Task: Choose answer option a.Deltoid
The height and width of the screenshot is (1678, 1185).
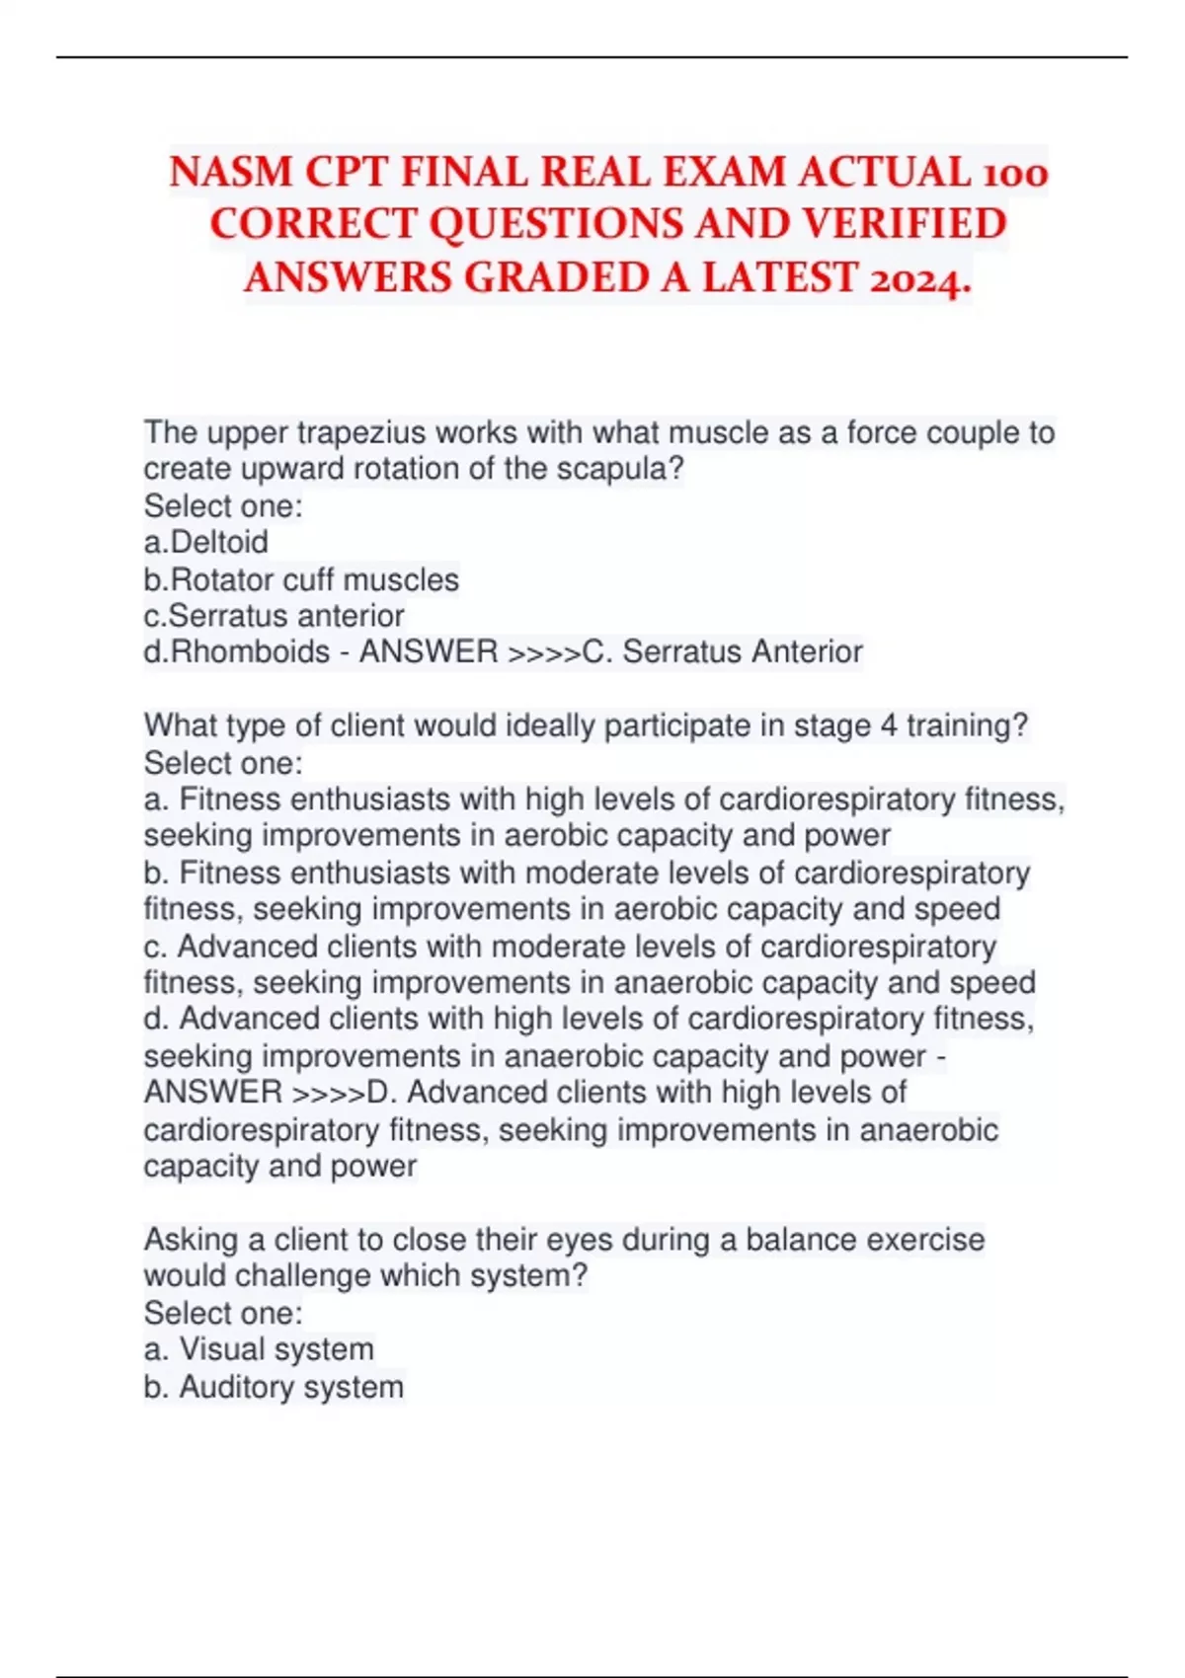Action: pos(205,542)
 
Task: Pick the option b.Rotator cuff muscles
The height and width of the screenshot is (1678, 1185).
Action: pos(301,579)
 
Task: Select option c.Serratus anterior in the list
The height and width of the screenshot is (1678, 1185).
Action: pos(274,616)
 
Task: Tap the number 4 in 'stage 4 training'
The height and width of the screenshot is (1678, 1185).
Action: pos(889,725)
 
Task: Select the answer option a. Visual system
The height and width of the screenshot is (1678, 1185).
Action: pos(259,1349)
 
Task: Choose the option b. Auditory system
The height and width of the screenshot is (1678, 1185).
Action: pos(274,1387)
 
